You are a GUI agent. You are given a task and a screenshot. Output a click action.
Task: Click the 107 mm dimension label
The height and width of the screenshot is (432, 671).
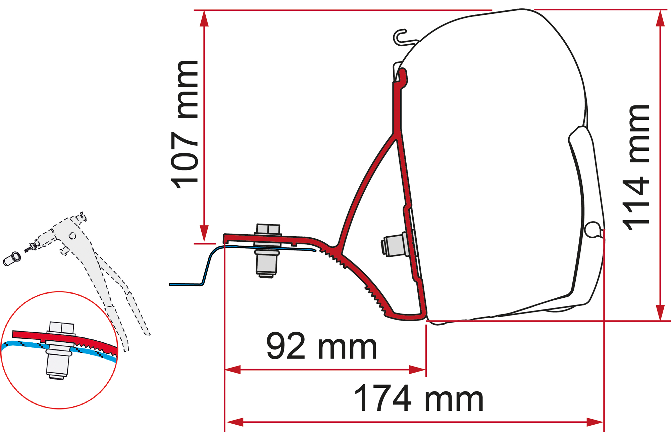tap(184, 125)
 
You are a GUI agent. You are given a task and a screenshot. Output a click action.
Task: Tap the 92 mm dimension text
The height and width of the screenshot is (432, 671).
tap(321, 346)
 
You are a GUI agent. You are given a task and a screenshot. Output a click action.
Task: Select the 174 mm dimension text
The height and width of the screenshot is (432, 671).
tap(418, 398)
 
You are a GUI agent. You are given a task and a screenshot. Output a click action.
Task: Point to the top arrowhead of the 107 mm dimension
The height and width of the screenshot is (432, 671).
tap(204, 18)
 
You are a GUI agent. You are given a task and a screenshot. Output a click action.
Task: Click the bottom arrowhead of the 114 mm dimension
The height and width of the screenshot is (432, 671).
tap(660, 313)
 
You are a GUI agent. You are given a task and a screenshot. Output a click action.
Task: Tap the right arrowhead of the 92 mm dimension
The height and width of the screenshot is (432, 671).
tap(417, 370)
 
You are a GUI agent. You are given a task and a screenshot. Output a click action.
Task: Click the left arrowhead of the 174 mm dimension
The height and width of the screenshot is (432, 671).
tap(234, 422)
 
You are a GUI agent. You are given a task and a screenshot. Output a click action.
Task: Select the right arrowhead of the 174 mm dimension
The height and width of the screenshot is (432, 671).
tap(595, 422)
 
